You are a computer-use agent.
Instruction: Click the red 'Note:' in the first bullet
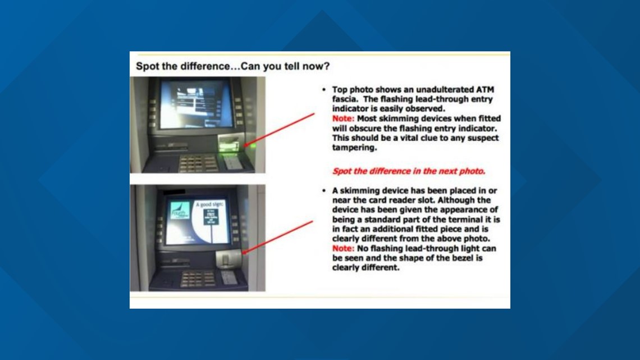coord(343,119)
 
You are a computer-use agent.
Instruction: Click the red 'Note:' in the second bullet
coord(343,248)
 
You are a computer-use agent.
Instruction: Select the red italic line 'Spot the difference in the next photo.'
coord(409,171)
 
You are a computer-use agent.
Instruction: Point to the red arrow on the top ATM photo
coord(281,129)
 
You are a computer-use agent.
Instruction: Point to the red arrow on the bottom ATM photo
coord(278,236)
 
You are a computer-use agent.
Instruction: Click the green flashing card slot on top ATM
coord(230,147)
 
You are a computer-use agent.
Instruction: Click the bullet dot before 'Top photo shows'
coord(324,90)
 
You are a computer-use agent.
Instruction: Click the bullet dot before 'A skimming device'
coord(324,191)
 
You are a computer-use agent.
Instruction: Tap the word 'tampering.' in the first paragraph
coord(353,148)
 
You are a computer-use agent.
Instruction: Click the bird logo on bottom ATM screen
coord(180,210)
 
